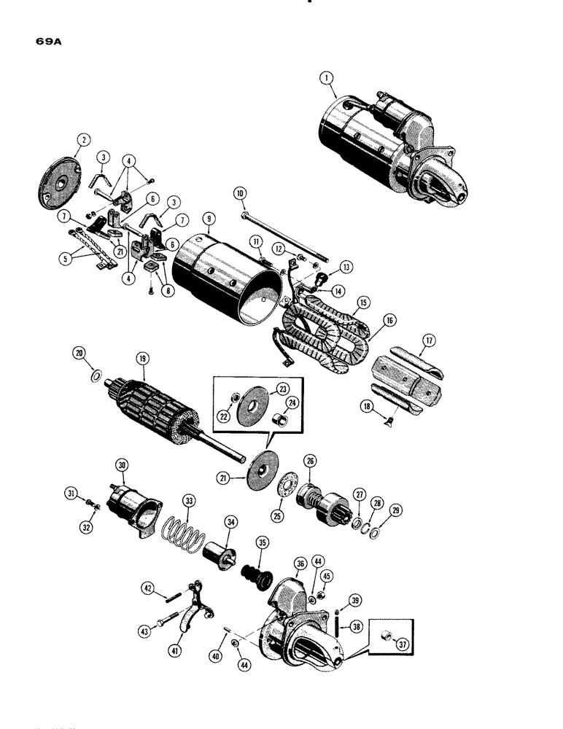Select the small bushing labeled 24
click(x=281, y=423)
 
